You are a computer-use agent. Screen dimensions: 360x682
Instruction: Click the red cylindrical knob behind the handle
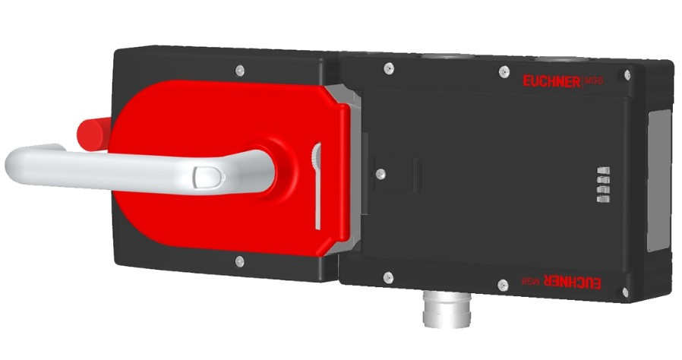click(93, 133)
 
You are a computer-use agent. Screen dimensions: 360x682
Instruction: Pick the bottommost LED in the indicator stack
click(603, 199)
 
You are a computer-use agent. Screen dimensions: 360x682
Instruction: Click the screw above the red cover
click(240, 70)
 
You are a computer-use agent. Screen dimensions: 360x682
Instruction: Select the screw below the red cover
click(240, 261)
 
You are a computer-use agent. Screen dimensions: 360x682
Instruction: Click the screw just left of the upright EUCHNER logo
click(504, 72)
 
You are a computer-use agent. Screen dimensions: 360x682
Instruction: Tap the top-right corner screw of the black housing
click(627, 76)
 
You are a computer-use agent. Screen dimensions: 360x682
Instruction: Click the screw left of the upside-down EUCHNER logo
click(502, 285)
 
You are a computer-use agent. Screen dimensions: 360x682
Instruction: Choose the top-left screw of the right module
click(388, 68)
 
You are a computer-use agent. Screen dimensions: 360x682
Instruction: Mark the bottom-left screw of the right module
click(387, 277)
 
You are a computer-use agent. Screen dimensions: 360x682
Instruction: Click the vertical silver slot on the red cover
click(317, 186)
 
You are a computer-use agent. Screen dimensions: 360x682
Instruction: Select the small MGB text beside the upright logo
click(596, 80)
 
